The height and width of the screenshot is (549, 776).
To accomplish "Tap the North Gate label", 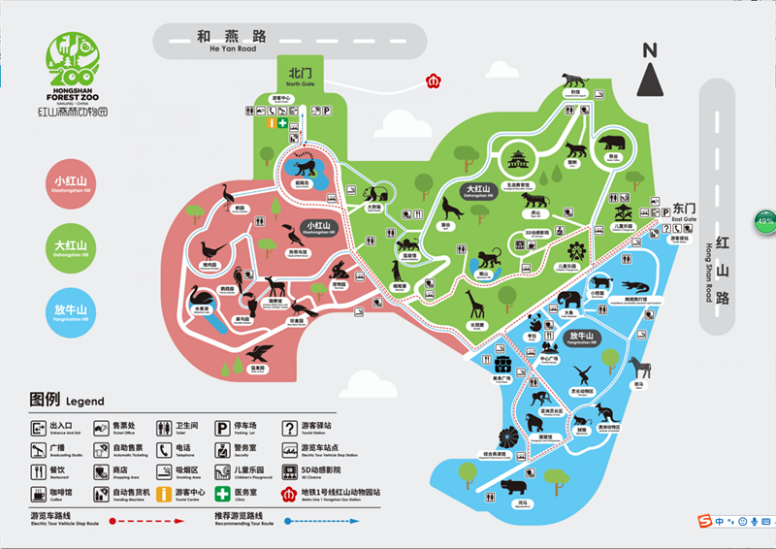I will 301,78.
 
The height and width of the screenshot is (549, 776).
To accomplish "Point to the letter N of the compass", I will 650,50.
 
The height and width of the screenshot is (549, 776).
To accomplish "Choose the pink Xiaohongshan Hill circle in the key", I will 71,186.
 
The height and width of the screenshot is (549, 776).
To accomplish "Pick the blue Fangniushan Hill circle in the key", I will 71,310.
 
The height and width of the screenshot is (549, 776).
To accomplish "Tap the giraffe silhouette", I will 476,307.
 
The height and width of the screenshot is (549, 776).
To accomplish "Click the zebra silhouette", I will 638,369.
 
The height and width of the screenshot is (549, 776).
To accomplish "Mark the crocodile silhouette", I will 636,287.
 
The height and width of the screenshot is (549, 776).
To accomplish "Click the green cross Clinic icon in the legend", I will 222,493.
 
